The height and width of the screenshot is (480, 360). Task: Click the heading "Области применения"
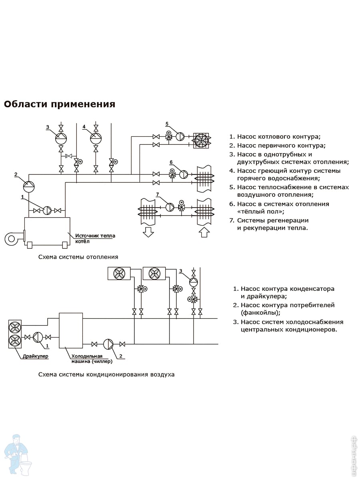[x=60, y=104]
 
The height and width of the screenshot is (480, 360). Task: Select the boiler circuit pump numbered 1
[x=47, y=210]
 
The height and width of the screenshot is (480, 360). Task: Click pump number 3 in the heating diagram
[x=61, y=138]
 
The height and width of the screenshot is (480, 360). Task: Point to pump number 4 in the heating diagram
[x=96, y=138]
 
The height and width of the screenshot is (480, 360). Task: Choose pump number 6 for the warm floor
[x=184, y=174]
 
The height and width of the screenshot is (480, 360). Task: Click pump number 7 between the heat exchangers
[x=170, y=207]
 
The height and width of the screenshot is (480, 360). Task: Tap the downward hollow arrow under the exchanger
[x=148, y=231]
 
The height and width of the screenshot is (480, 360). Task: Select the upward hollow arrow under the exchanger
[x=204, y=231]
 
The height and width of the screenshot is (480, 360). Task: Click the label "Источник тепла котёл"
[x=95, y=238]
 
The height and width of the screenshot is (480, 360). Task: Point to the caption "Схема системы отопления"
[x=78, y=257]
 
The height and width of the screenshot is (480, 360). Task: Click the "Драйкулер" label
[x=35, y=356]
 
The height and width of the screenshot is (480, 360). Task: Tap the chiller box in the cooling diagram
[x=71, y=330]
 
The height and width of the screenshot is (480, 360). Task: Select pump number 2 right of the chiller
[x=108, y=344]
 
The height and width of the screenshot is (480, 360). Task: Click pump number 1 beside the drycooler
[x=38, y=337]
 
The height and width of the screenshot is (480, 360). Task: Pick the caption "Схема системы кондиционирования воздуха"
[x=106, y=375]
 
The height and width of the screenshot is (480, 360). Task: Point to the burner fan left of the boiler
[x=12, y=238]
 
